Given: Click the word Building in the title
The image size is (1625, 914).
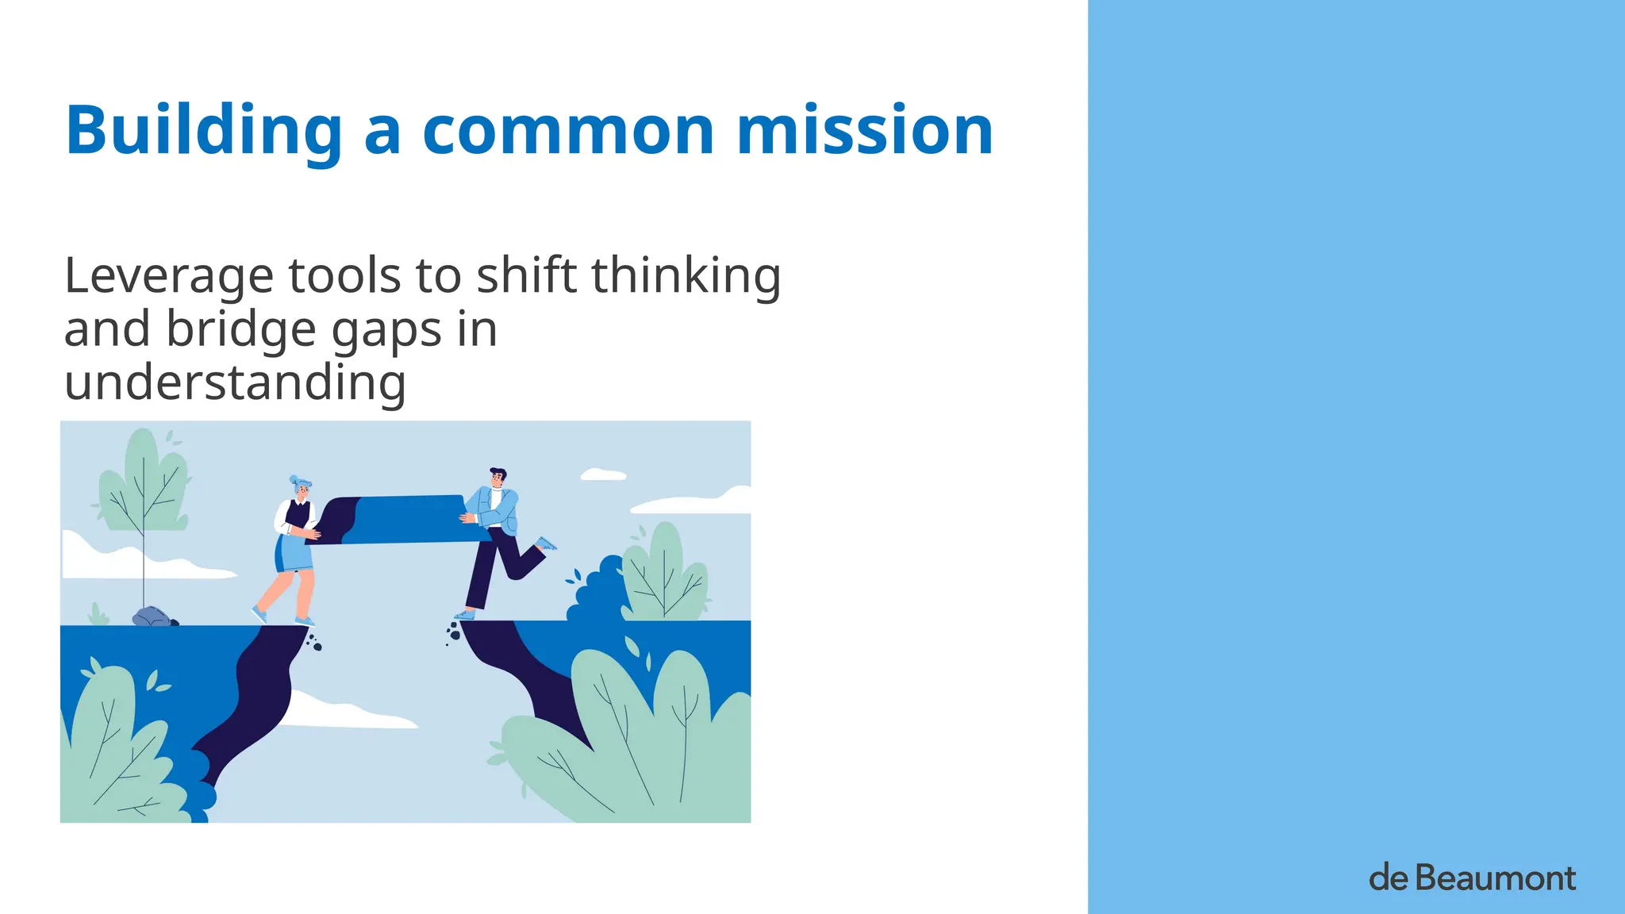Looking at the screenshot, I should [x=203, y=131].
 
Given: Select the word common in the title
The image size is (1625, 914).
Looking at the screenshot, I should [x=568, y=131].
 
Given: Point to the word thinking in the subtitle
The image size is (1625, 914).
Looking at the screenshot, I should [x=686, y=276].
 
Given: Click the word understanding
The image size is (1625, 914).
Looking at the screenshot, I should [x=235, y=382].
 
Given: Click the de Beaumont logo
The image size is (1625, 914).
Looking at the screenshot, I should [x=1472, y=878].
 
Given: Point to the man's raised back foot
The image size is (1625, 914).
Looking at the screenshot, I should [x=546, y=544].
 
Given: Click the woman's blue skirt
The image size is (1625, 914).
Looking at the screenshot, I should [x=295, y=553].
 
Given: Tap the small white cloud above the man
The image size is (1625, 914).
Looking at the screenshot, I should [x=603, y=475].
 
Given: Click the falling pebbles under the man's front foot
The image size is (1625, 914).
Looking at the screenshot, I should [x=453, y=632].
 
